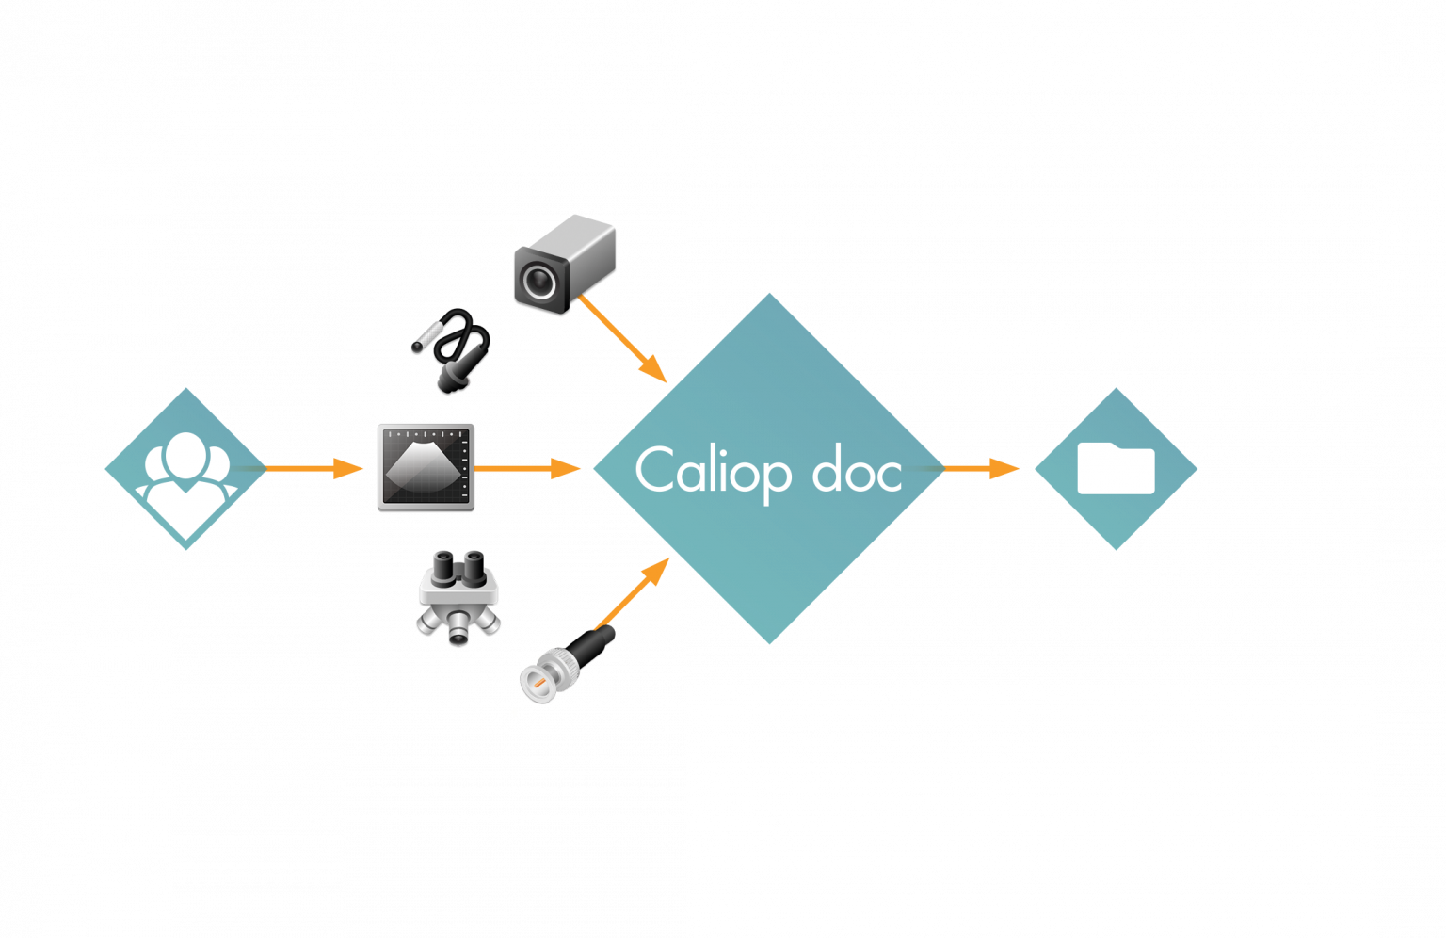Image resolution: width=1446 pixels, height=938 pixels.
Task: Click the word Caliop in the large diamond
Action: click(x=713, y=470)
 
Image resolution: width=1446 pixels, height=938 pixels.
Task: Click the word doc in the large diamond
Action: click(x=858, y=470)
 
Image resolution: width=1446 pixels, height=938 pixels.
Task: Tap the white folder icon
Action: click(x=1116, y=468)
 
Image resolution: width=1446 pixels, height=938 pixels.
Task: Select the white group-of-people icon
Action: click(x=185, y=468)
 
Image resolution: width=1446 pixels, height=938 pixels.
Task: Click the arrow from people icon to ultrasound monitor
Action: click(x=311, y=468)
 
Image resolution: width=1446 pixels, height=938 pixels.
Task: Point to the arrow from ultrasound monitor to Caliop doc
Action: click(x=527, y=468)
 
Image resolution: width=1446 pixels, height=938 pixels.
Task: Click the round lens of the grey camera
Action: click(x=538, y=281)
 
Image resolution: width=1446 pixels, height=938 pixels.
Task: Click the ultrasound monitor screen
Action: click(x=425, y=466)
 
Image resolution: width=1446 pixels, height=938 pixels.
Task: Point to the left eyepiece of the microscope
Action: click(x=441, y=564)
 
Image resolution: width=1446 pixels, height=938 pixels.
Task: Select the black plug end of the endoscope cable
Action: click(x=456, y=373)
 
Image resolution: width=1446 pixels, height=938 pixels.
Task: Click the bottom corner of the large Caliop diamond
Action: click(x=769, y=640)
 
